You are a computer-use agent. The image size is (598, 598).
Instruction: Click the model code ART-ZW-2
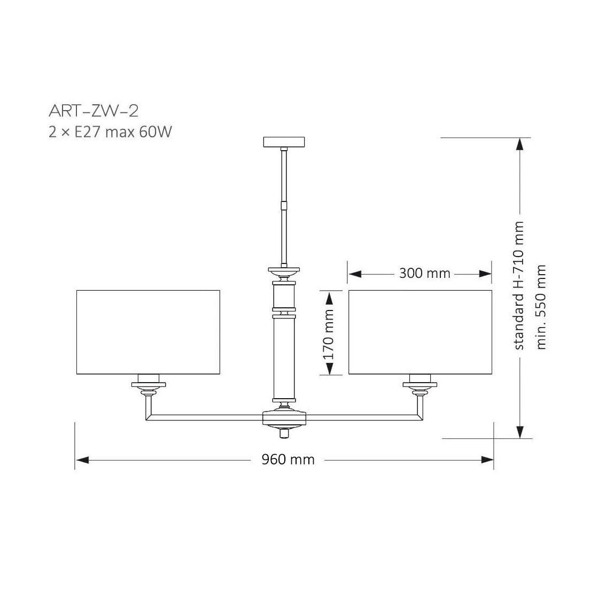94,111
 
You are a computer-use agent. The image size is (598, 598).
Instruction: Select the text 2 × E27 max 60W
110,132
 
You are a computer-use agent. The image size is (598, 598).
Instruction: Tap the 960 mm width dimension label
288,460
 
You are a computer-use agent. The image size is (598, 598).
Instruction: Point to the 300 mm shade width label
424,274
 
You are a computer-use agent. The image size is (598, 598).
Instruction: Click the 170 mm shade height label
328,335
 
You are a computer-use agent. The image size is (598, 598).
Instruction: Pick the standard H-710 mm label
519,285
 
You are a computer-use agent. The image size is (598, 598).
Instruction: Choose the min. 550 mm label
541,307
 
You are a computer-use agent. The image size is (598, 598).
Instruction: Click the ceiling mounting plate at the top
284,142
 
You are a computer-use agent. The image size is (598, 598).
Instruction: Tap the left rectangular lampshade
149,332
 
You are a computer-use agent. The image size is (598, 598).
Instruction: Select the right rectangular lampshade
420,332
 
